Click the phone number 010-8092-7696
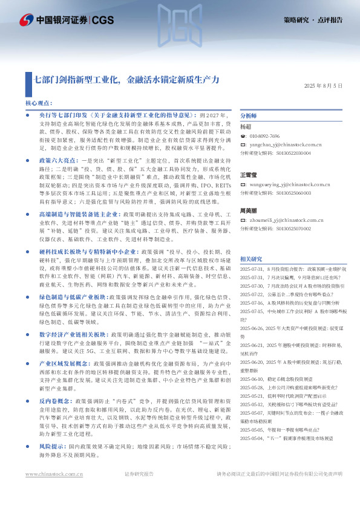tap(264, 137)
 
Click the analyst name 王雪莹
tap(249, 175)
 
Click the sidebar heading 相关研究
tap(250, 258)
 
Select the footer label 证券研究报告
tap(139, 491)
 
